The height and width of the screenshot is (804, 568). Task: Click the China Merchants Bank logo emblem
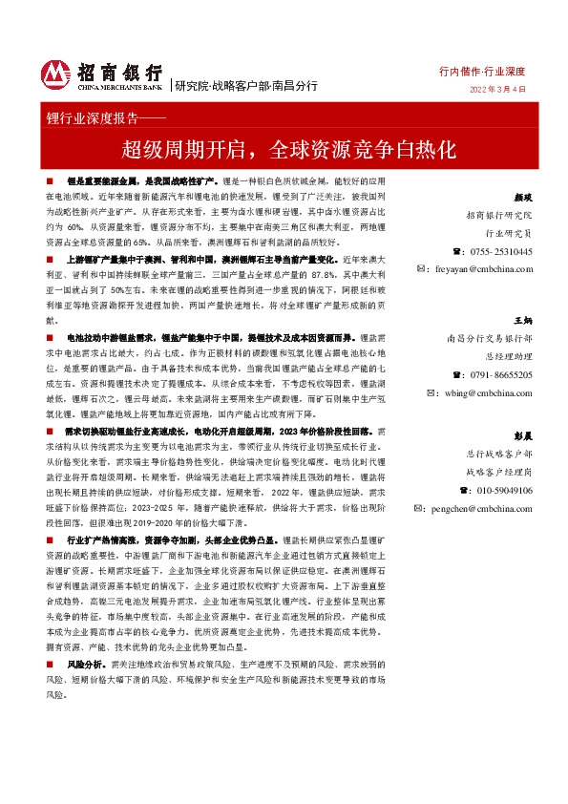pos(56,75)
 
